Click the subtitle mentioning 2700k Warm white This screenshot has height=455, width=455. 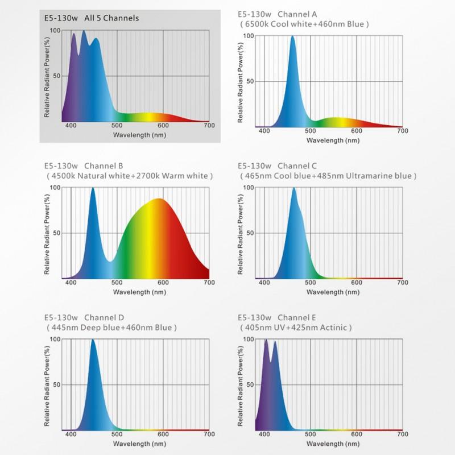coord(130,176)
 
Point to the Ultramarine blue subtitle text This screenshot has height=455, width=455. coord(328,176)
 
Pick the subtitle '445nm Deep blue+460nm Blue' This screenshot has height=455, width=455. coord(111,328)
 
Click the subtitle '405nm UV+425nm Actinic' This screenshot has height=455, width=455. coord(296,328)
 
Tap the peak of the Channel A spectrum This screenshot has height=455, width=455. coord(292,36)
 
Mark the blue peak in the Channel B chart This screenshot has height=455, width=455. coord(93,188)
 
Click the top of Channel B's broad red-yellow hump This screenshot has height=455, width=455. coord(159,199)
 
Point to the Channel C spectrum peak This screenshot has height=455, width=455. coord(293,188)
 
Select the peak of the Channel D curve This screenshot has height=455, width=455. coord(93,340)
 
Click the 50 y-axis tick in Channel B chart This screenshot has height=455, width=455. coord(56,233)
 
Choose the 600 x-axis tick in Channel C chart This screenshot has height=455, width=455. coord(356,283)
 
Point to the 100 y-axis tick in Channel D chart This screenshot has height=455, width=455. coord(55,339)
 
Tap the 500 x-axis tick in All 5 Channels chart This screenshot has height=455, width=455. coord(117,125)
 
